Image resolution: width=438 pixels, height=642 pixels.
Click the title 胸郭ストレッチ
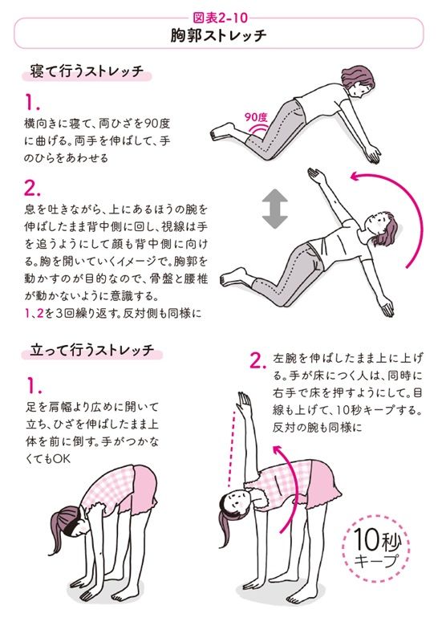click(218, 36)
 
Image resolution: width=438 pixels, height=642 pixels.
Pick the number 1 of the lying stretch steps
click(30, 104)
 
